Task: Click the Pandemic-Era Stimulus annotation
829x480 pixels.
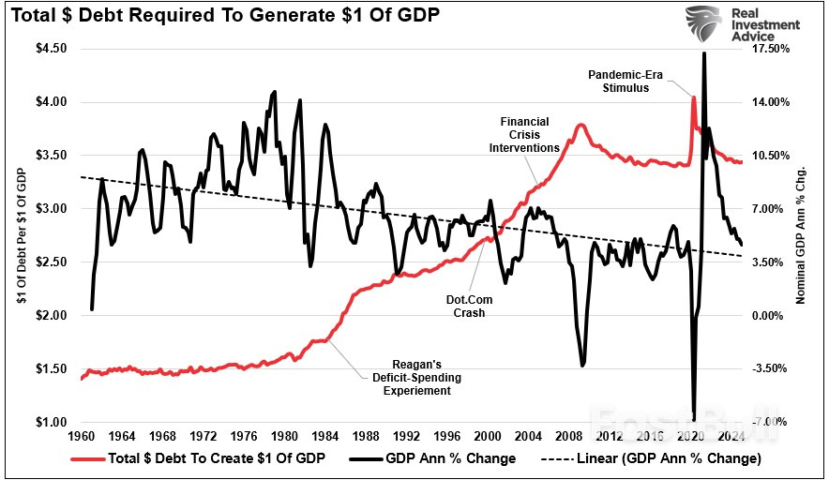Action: (626, 81)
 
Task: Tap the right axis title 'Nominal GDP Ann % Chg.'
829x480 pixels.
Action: (802, 235)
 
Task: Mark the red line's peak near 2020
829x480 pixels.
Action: (693, 97)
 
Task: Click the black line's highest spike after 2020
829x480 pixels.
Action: (703, 54)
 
